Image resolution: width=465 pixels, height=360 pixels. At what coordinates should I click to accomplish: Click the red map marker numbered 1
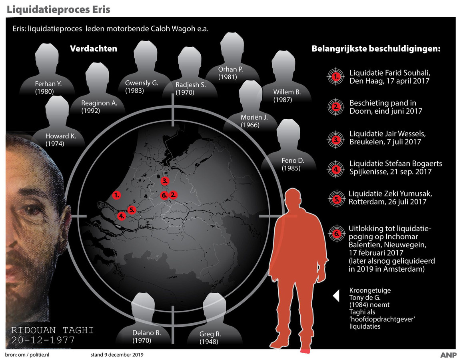pyautogui.click(x=117, y=195)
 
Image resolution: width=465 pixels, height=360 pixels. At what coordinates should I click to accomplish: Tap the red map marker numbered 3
pyautogui.click(x=165, y=181)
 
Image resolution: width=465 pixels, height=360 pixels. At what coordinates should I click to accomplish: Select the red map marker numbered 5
pyautogui.click(x=132, y=209)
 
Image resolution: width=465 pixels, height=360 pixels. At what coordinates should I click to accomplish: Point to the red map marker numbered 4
pyautogui.click(x=122, y=216)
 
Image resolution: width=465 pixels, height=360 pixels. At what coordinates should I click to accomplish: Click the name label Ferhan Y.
pyautogui.click(x=48, y=84)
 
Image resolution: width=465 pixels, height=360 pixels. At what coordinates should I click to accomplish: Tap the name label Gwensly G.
pyautogui.click(x=142, y=83)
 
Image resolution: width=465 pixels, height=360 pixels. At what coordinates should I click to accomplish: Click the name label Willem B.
pyautogui.click(x=287, y=92)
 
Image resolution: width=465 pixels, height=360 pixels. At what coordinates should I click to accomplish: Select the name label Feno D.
pyautogui.click(x=293, y=161)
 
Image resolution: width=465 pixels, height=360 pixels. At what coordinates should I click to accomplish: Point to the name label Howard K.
pyautogui.click(x=60, y=136)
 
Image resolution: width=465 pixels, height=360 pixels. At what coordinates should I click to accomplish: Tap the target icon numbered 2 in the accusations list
pyautogui.click(x=336, y=106)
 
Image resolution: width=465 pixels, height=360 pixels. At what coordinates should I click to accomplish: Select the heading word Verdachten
pyautogui.click(x=94, y=49)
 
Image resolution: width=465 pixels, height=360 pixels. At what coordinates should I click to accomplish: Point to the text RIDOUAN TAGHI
pyautogui.click(x=52, y=330)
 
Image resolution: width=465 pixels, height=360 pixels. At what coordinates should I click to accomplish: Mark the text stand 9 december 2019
pyautogui.click(x=117, y=354)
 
